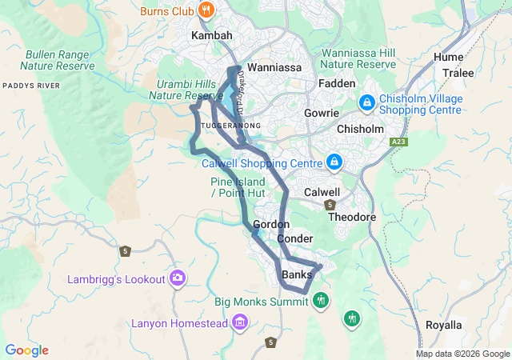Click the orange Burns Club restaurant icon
coord(207,10)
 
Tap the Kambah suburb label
coord(211,37)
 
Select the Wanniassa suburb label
coord(274,68)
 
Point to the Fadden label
coord(336,83)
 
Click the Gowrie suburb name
coord(322,113)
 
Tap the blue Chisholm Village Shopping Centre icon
coord(367,102)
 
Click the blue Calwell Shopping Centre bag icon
coord(334,162)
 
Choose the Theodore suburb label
coord(352,217)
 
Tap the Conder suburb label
coord(294,239)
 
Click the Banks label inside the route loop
coord(297,275)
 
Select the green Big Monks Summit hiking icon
coord(321,301)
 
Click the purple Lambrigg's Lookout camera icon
coord(178,278)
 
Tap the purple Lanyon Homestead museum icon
coord(239,322)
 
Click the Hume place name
coord(448,58)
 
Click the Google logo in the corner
coord(26,350)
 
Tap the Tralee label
coord(459,73)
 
